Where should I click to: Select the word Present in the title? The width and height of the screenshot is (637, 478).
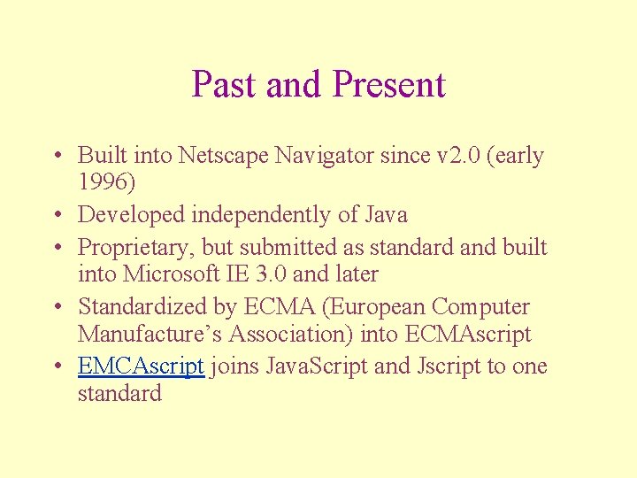tap(388, 85)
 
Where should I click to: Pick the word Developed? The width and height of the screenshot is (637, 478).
tap(132, 214)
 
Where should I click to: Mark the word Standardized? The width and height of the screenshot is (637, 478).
tap(143, 307)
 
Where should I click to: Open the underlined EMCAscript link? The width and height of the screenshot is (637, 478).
tap(142, 366)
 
